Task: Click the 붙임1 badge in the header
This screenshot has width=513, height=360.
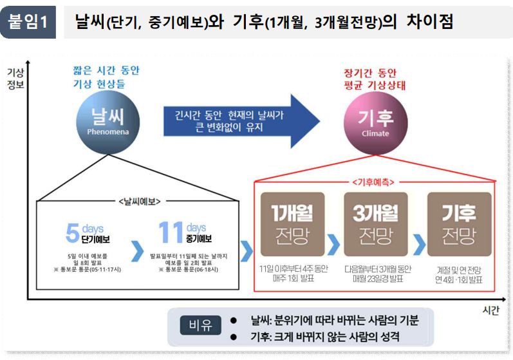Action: coord(29,21)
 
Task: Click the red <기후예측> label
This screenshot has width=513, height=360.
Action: coord(375,182)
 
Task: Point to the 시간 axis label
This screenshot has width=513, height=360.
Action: coord(490,309)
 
